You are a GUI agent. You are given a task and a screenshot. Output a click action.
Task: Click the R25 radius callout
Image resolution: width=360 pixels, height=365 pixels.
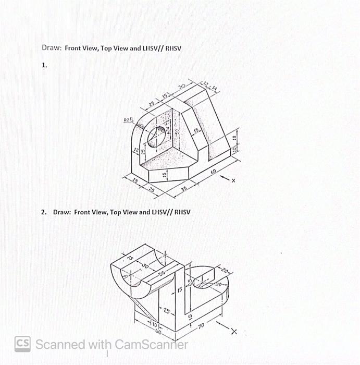128,120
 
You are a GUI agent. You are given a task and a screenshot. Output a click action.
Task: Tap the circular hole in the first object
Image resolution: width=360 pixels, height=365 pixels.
156,137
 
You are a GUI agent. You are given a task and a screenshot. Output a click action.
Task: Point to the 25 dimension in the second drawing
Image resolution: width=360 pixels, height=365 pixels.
166,311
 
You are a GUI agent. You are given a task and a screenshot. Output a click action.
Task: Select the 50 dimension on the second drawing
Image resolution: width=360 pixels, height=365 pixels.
161,273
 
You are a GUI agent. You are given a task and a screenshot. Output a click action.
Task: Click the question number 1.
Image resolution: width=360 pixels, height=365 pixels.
44,65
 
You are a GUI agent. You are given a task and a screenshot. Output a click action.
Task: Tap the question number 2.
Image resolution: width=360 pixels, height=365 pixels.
44,212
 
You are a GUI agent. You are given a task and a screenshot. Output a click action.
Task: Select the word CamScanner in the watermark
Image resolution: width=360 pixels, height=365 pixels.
151,344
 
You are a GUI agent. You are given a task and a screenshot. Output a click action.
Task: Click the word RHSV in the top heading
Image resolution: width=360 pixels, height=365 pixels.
173,48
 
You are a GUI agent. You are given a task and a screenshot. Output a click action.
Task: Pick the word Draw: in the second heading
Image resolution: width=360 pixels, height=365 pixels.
61,212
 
